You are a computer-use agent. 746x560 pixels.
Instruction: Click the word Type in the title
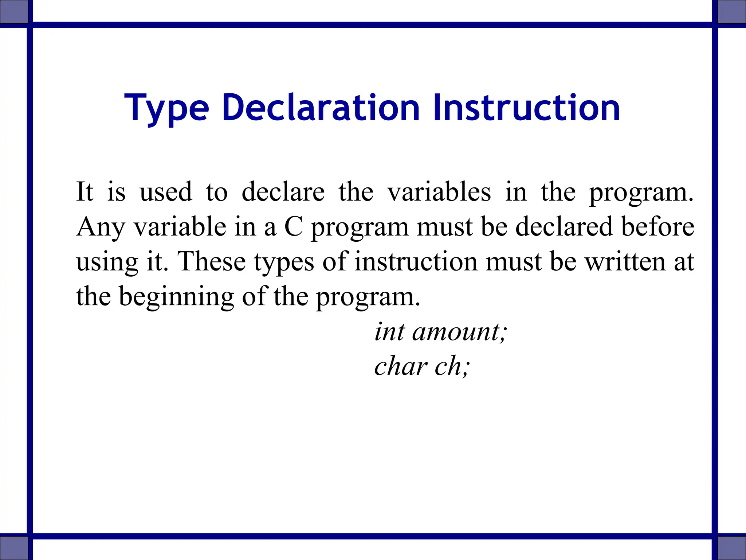tap(166, 108)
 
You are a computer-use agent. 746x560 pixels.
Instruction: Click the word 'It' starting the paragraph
tap(85, 192)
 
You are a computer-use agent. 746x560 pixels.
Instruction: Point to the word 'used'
tap(166, 192)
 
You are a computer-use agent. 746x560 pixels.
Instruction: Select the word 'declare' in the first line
tap(283, 192)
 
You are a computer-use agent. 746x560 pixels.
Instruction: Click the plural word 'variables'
tap(439, 192)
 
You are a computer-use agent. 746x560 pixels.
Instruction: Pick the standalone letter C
tap(294, 227)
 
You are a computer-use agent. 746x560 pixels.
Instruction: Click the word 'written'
tap(625, 261)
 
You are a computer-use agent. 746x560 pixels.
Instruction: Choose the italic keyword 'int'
tap(389, 332)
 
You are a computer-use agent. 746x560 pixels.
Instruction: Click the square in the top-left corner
tap(14, 12)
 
